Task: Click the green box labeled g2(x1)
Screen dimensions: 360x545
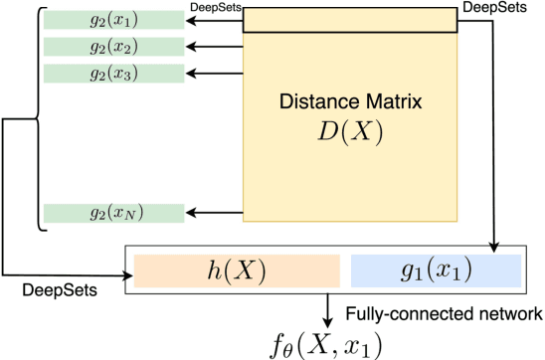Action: pos(113,21)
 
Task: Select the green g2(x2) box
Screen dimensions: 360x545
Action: pos(113,47)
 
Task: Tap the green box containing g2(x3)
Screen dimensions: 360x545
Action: pos(113,73)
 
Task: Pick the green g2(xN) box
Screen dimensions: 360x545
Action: pos(113,213)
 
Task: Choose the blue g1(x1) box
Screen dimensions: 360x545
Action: pos(436,270)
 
